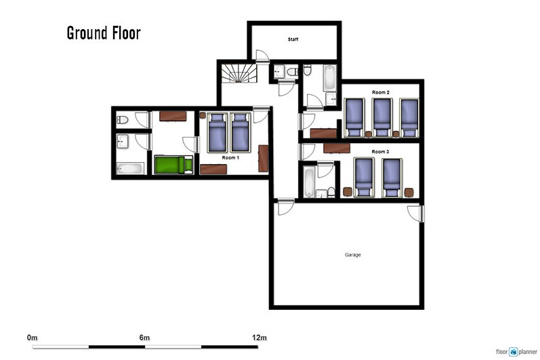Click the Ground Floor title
[104, 33]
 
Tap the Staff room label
[293, 39]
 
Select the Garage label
[353, 255]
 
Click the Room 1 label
[230, 157]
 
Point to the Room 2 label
[381, 92]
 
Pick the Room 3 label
[381, 152]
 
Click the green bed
[173, 165]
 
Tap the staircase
[238, 73]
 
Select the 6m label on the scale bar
[144, 338]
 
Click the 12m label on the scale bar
[259, 338]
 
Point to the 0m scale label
[32, 338]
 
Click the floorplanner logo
[516, 352]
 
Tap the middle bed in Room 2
[382, 117]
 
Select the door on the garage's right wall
[415, 214]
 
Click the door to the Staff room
[262, 56]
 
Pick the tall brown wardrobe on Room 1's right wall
[264, 159]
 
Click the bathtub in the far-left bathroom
[130, 168]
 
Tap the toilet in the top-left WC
[122, 120]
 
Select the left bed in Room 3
[364, 178]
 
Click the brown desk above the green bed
[173, 116]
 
